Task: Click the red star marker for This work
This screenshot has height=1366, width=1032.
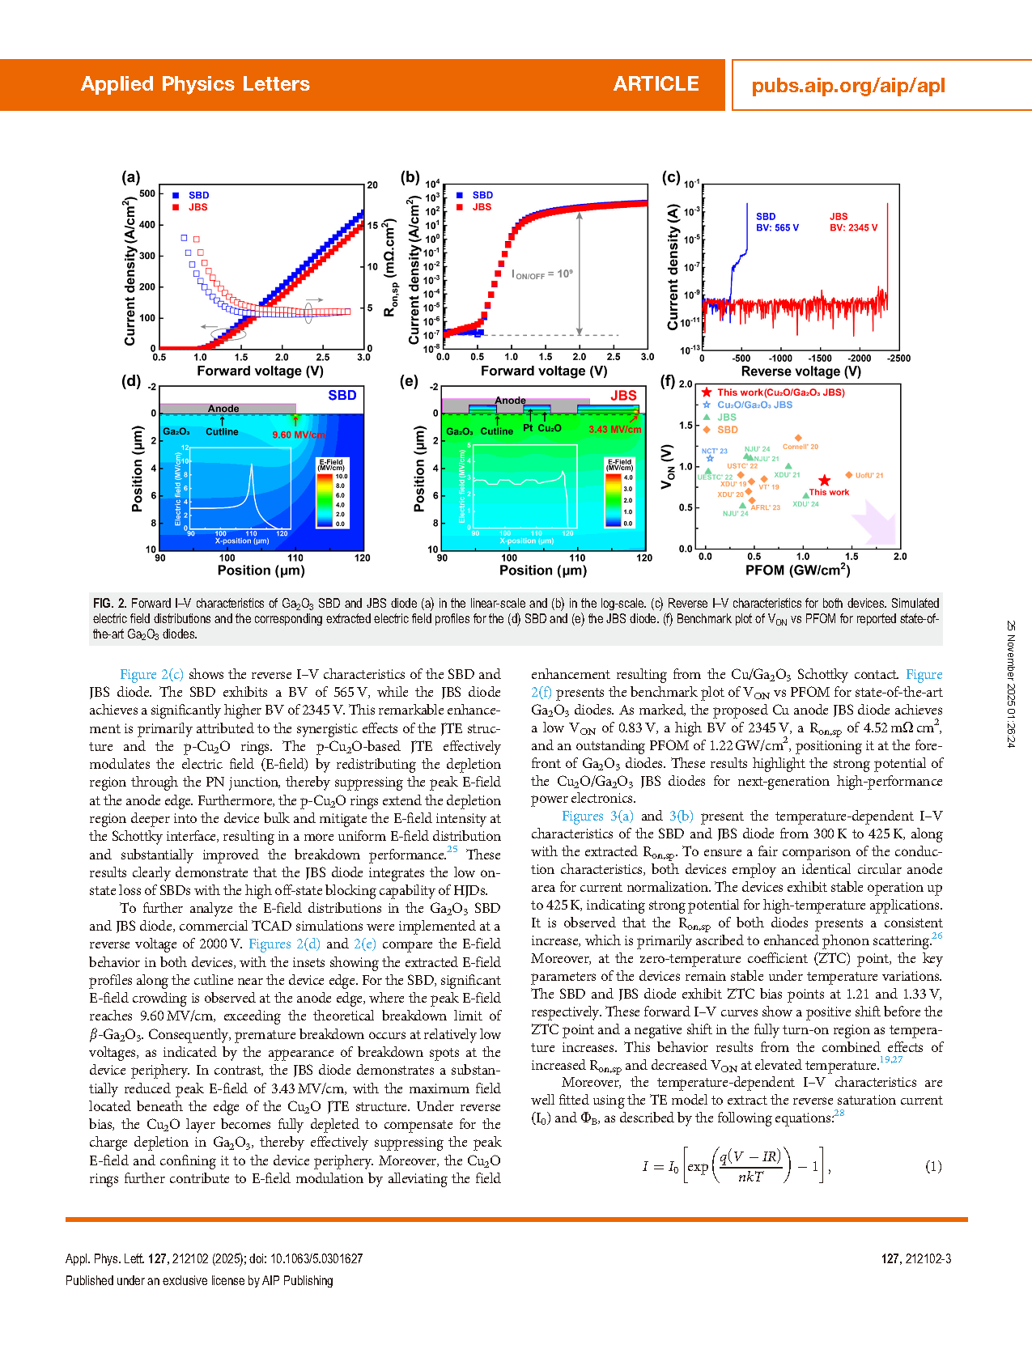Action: (824, 481)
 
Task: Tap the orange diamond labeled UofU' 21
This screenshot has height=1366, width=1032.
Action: (849, 475)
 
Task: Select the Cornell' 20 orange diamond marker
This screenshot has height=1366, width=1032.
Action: (798, 438)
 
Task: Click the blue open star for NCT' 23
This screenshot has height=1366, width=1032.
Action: (710, 459)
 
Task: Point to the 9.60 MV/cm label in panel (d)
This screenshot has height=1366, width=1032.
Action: (299, 435)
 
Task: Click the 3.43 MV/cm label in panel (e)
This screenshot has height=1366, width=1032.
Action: (614, 430)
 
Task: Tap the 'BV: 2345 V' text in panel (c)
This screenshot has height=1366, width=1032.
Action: (853, 228)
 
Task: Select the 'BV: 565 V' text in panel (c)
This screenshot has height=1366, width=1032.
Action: (777, 228)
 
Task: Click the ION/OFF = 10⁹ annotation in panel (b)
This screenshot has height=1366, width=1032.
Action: (541, 274)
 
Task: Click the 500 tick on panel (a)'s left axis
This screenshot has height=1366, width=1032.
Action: (147, 193)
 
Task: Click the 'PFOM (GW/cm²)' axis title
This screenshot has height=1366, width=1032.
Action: (797, 571)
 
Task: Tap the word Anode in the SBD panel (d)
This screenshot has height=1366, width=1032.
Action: (223, 409)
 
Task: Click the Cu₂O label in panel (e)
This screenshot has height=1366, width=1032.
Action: (550, 428)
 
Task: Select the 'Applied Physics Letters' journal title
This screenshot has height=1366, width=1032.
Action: (195, 84)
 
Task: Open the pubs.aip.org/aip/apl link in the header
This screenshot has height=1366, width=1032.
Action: (848, 86)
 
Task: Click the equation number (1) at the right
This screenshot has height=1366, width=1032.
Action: (933, 1166)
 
